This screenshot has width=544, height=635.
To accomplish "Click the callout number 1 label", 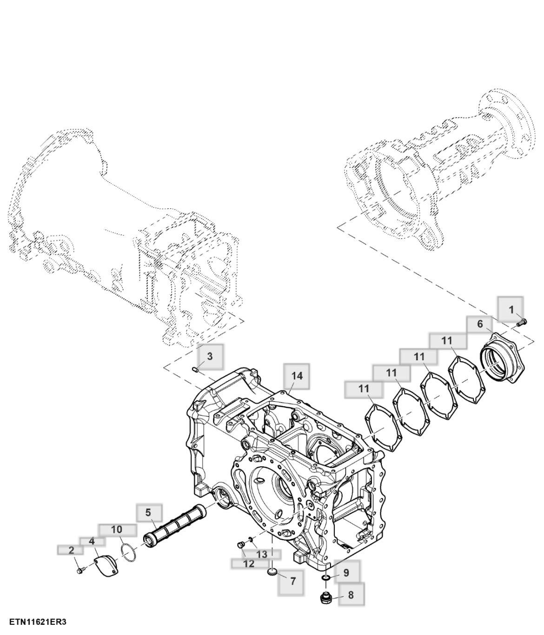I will point(511,309).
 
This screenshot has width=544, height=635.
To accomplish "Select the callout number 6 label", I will point(480,324).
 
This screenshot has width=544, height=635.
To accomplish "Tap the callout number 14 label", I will point(297,376).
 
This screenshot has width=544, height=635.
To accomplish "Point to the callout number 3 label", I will point(210,357).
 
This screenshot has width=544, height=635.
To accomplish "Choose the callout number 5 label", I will point(148,512).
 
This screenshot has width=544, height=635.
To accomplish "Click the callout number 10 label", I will point(117,529).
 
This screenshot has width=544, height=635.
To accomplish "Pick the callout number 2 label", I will point(71,550).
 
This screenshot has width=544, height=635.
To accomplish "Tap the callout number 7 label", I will point(292,581).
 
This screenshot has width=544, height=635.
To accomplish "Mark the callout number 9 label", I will point(346,573).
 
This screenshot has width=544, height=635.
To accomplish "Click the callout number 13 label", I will point(262,554).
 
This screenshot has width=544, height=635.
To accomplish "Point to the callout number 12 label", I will point(249,564).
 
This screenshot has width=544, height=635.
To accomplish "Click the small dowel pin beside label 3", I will point(195,370).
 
